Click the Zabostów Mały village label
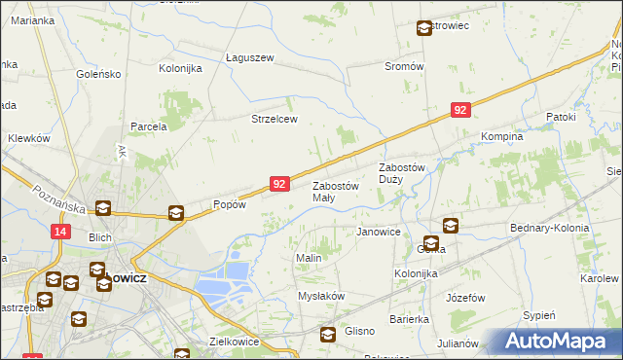tap(335, 192)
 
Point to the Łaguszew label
tap(250, 57)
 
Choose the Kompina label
tap(502, 137)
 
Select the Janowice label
tap(379, 233)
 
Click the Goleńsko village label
tap(98, 73)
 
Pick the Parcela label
tap(150, 126)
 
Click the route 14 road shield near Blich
tap(60, 231)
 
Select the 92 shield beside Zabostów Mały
tap(279, 184)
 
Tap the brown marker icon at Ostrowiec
tap(424, 29)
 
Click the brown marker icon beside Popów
tap(176, 213)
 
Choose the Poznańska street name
tap(57, 199)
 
